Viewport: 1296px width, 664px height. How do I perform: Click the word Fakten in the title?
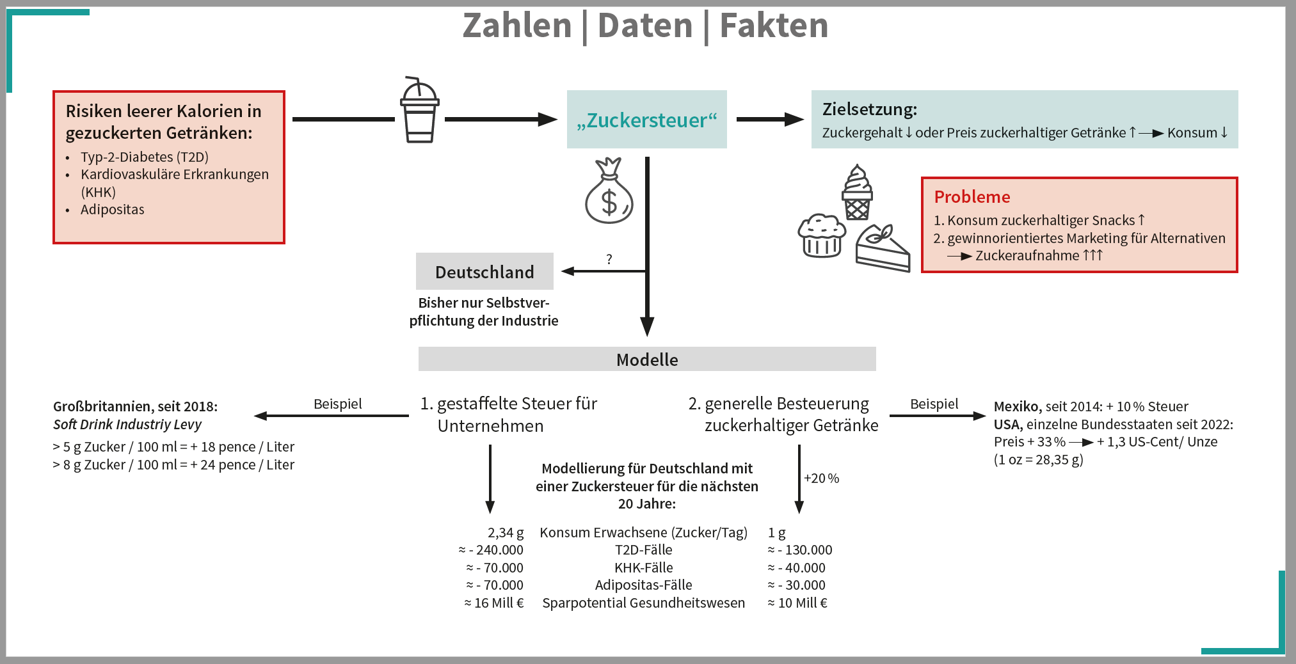(x=774, y=26)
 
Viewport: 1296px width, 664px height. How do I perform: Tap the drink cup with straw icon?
(x=419, y=110)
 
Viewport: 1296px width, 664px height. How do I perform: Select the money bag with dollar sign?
(x=609, y=192)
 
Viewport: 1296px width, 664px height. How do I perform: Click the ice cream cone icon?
(x=857, y=192)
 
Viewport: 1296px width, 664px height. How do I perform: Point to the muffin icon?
(x=821, y=235)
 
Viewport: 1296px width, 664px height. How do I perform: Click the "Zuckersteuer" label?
(x=646, y=120)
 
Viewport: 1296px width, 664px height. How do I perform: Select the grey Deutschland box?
(x=484, y=272)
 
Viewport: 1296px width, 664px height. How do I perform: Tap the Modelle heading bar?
(x=647, y=360)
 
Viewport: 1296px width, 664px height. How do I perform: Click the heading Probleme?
(x=972, y=197)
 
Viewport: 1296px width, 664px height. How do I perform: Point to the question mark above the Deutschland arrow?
(x=609, y=259)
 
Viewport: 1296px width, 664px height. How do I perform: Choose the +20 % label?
(x=821, y=478)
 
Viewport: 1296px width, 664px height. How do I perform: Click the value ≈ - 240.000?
(x=491, y=550)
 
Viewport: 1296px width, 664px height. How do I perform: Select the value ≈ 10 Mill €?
(x=797, y=603)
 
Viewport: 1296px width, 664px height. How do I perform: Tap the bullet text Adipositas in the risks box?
(x=113, y=210)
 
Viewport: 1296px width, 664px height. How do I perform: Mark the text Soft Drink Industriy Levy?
(x=127, y=425)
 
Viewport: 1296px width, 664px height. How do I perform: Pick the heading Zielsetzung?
(x=869, y=109)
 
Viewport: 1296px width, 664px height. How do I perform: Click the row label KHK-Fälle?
(x=643, y=568)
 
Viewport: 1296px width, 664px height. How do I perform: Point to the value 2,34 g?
(x=506, y=533)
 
